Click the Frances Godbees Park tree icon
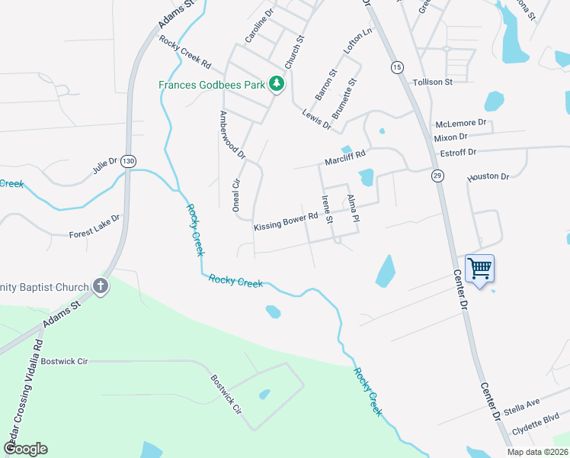click(278, 84)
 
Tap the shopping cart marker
click(479, 269)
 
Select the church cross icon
click(100, 287)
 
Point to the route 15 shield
click(397, 67)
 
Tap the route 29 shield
click(437, 176)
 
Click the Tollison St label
click(432, 82)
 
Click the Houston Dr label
click(488, 176)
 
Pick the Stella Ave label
click(521, 402)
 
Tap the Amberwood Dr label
click(232, 134)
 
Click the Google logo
click(25, 449)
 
